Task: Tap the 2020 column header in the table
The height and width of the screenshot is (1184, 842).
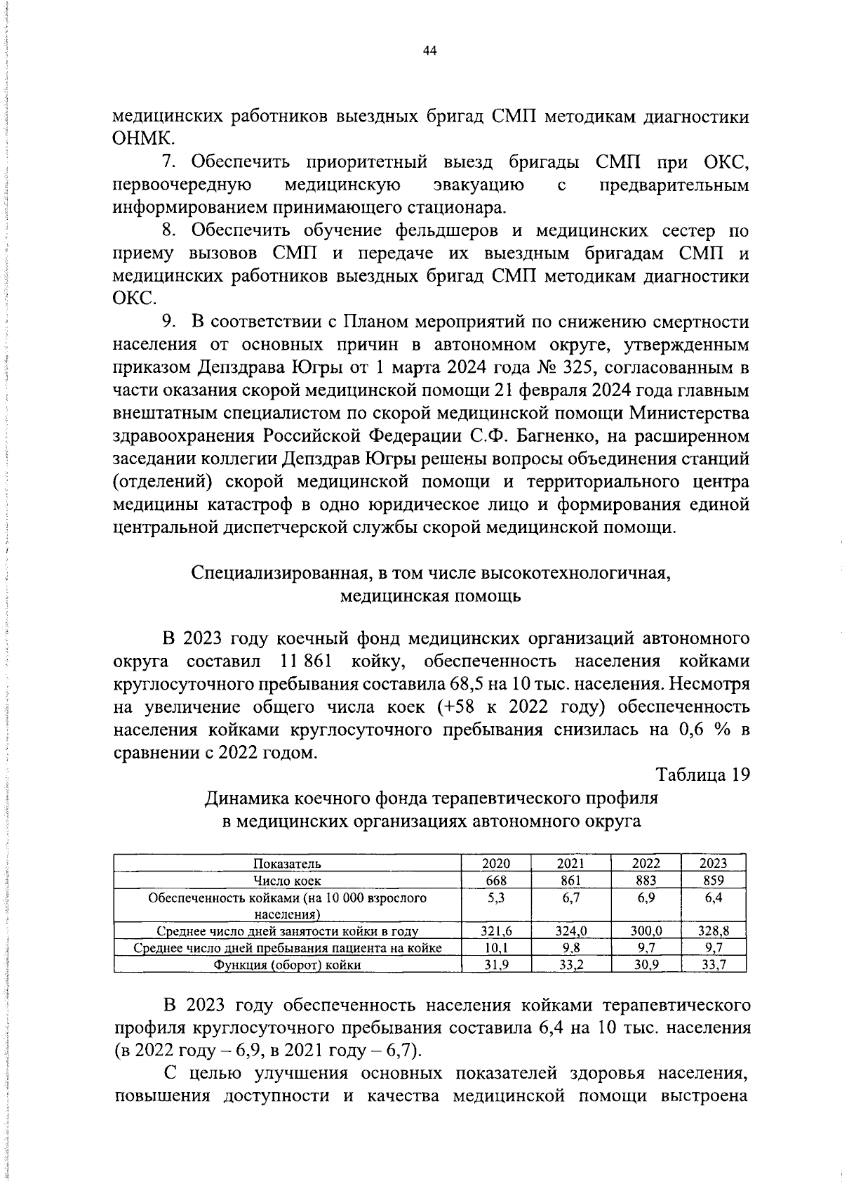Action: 496,864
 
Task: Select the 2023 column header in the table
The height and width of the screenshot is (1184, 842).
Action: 714,864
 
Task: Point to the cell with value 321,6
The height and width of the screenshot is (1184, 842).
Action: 496,931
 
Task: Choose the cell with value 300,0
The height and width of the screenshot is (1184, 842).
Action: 646,931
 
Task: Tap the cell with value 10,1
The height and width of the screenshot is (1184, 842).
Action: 496,948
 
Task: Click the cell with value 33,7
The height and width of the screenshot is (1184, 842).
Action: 714,965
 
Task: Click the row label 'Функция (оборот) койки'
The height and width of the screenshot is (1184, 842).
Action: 288,965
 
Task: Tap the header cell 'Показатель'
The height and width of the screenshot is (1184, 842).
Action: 288,864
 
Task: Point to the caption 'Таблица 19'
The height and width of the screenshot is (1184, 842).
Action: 703,775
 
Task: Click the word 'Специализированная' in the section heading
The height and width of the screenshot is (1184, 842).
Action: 278,573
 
